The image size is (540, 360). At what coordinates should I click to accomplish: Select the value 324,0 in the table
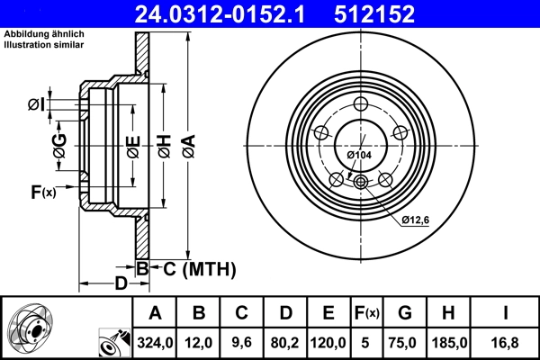pyautogui.click(x=155, y=343)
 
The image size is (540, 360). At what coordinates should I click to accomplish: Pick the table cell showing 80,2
pyautogui.click(x=285, y=343)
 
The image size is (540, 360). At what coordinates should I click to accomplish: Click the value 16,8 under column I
pyautogui.click(x=505, y=343)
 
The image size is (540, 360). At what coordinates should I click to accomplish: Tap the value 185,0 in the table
pyautogui.click(x=449, y=343)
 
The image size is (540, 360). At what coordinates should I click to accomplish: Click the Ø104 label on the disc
pyautogui.click(x=359, y=156)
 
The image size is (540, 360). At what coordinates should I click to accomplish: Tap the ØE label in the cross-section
pyautogui.click(x=132, y=145)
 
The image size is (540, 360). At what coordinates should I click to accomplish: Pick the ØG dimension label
pyautogui.click(x=59, y=146)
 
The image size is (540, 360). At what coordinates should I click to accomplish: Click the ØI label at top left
pyautogui.click(x=36, y=105)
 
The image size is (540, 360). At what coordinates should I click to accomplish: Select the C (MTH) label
pyautogui.click(x=199, y=267)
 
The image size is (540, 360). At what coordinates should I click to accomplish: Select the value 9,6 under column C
pyautogui.click(x=242, y=343)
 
